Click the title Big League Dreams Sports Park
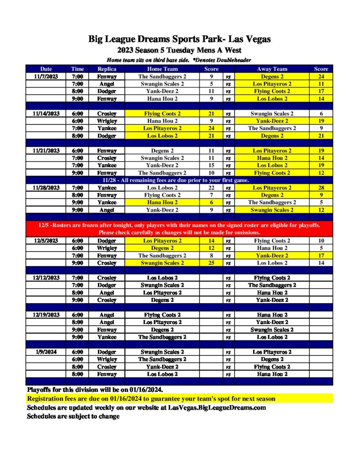179,39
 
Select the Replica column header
107,69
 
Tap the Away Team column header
272,69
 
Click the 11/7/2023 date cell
46,76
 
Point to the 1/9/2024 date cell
46,352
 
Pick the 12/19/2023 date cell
46,315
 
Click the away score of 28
321,187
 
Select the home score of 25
211,263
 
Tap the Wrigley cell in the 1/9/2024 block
107,359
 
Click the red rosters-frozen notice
179,229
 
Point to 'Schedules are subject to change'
73,416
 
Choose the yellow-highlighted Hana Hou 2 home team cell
162,203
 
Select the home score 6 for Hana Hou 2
211,203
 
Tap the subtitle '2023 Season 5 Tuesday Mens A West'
179,50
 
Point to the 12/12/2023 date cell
46,278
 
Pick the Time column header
77,69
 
